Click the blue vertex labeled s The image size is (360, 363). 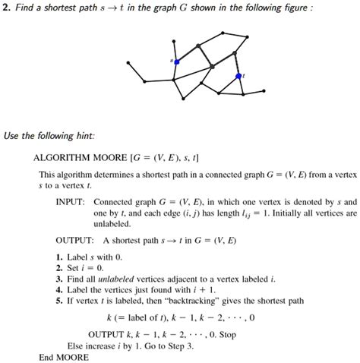[176, 61]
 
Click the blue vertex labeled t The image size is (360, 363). [238, 76]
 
